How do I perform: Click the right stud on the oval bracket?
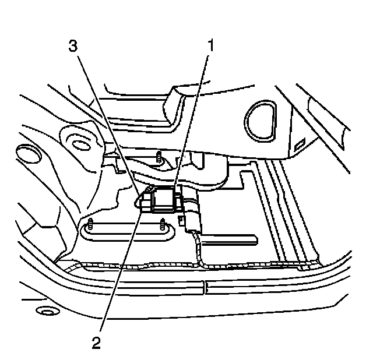coord(161,223)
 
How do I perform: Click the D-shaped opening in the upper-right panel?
coord(261,119)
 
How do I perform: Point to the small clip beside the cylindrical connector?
coord(181,220)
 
